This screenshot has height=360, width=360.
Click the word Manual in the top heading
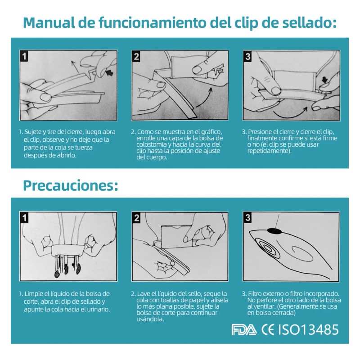[x=49, y=22]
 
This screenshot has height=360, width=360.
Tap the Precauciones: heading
[x=71, y=185]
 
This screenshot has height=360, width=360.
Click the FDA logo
[x=244, y=330]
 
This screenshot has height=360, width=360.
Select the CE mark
[x=268, y=330]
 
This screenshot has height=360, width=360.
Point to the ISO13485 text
[x=308, y=330]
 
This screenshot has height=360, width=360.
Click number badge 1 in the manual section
[x=24, y=56]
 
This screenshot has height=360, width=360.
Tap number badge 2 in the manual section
[x=136, y=56]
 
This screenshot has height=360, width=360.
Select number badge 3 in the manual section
[x=248, y=56]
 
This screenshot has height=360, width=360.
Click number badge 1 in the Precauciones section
[x=24, y=218]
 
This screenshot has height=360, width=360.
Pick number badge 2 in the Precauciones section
[x=136, y=218]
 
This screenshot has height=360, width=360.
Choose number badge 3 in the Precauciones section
[x=248, y=218]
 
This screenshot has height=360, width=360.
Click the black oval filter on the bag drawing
[x=274, y=231]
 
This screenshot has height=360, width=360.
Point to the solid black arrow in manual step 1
[x=110, y=73]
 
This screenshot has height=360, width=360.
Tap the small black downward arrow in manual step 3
[x=324, y=80]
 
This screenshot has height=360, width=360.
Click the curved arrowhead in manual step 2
[x=210, y=90]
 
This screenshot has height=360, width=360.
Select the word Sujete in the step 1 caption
[x=33, y=132]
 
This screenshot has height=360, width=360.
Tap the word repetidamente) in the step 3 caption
[x=269, y=151]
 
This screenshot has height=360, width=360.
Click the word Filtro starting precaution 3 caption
[x=255, y=294]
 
